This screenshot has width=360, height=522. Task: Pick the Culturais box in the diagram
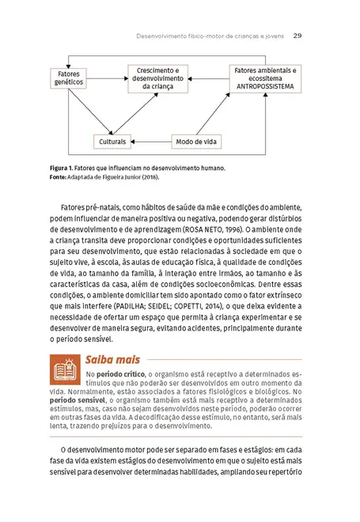[x=112, y=142]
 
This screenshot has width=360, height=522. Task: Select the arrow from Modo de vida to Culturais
[x=151, y=142]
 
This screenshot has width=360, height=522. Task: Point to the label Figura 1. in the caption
[x=63, y=168]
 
